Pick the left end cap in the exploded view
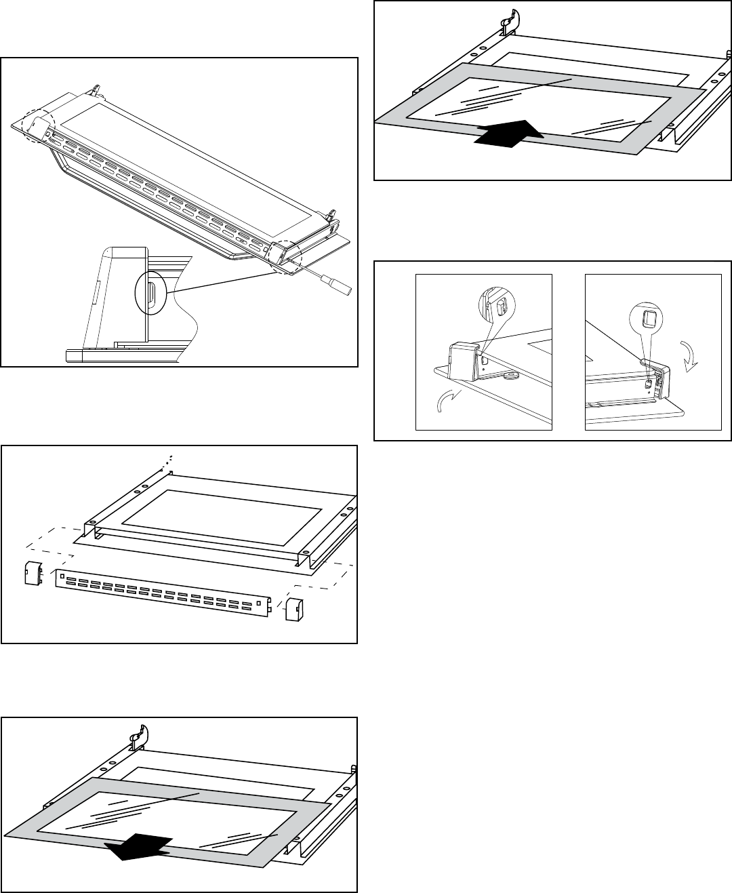pos(33,572)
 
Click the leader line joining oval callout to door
pos(224,280)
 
